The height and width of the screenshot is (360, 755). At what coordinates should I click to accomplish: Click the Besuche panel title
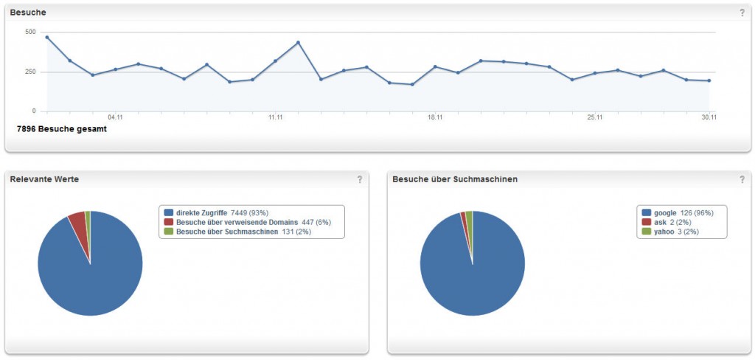[28, 12]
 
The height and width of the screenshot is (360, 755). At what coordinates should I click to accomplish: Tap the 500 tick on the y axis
[29, 32]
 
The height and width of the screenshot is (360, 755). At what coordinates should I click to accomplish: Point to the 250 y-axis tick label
[29, 72]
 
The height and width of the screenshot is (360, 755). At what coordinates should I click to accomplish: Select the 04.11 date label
[115, 117]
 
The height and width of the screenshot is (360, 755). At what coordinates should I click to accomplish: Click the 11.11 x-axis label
[275, 117]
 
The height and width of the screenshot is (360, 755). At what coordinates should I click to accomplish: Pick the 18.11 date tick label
[435, 117]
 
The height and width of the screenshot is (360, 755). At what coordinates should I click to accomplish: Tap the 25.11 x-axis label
[595, 117]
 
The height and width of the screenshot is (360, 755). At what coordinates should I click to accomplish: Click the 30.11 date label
[709, 117]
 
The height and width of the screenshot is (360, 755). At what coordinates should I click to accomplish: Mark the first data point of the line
[47, 37]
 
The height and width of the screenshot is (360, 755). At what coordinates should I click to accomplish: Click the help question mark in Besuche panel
[742, 13]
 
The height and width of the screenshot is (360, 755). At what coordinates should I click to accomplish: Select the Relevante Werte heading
[44, 179]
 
